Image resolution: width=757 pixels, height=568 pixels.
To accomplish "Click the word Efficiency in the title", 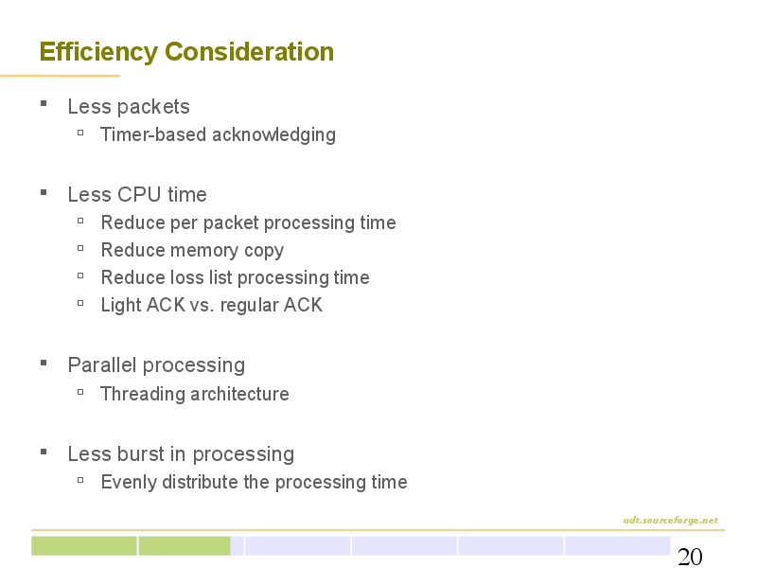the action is click(98, 52).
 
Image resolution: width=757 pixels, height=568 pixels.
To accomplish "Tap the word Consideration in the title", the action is click(249, 51).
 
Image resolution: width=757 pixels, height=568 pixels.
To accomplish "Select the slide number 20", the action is click(690, 557).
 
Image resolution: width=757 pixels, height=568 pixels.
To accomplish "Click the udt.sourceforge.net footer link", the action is click(671, 520).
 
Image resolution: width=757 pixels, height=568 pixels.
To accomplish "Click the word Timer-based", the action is click(153, 134).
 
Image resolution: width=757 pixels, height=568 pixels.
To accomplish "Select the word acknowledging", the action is click(273, 135).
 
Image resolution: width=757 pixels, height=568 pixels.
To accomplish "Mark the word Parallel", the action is click(102, 365).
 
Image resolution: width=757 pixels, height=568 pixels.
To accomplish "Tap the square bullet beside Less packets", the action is click(44, 103).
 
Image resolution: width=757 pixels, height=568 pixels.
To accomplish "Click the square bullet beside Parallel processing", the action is click(44, 363).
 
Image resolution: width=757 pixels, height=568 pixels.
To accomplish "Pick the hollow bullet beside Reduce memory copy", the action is click(80, 248).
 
